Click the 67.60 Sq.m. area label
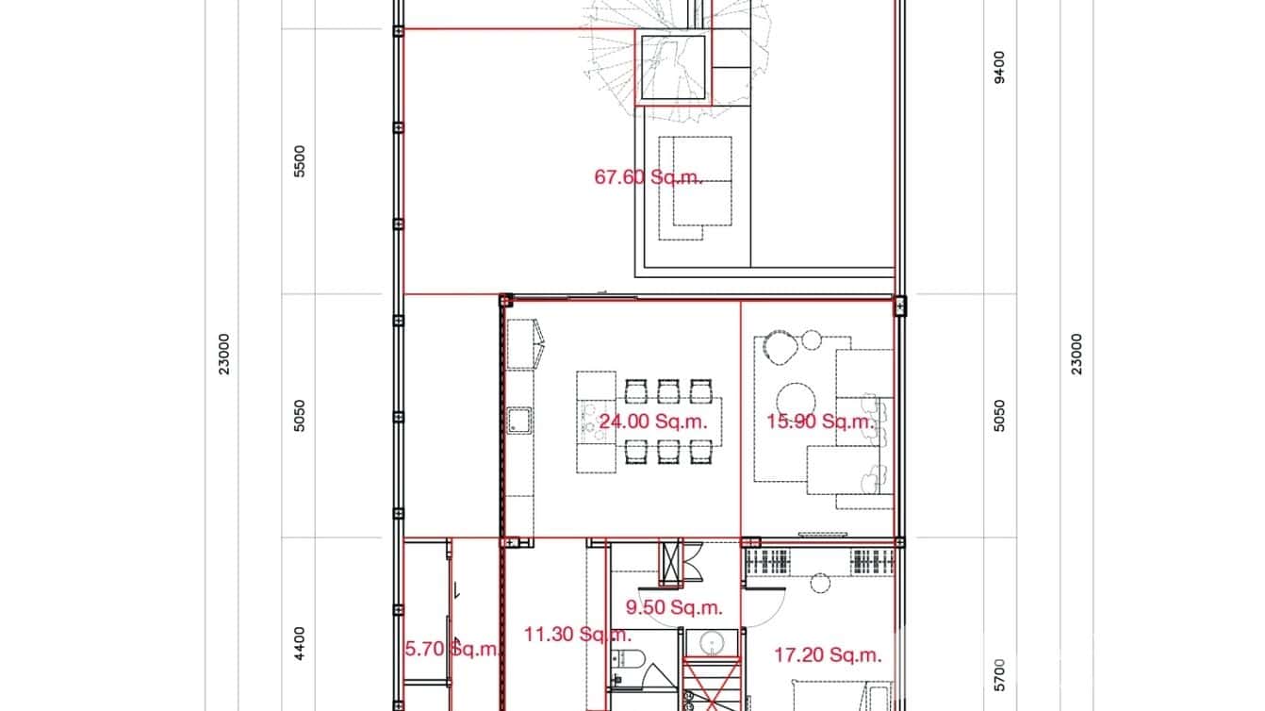649,176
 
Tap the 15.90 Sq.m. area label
820,422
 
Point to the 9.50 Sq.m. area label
674,607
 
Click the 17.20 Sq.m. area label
828,654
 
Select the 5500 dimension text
300,161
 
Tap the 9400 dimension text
1000,67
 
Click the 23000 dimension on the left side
223,354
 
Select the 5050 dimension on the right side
1000,416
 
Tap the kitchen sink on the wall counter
518,420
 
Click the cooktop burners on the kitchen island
592,421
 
